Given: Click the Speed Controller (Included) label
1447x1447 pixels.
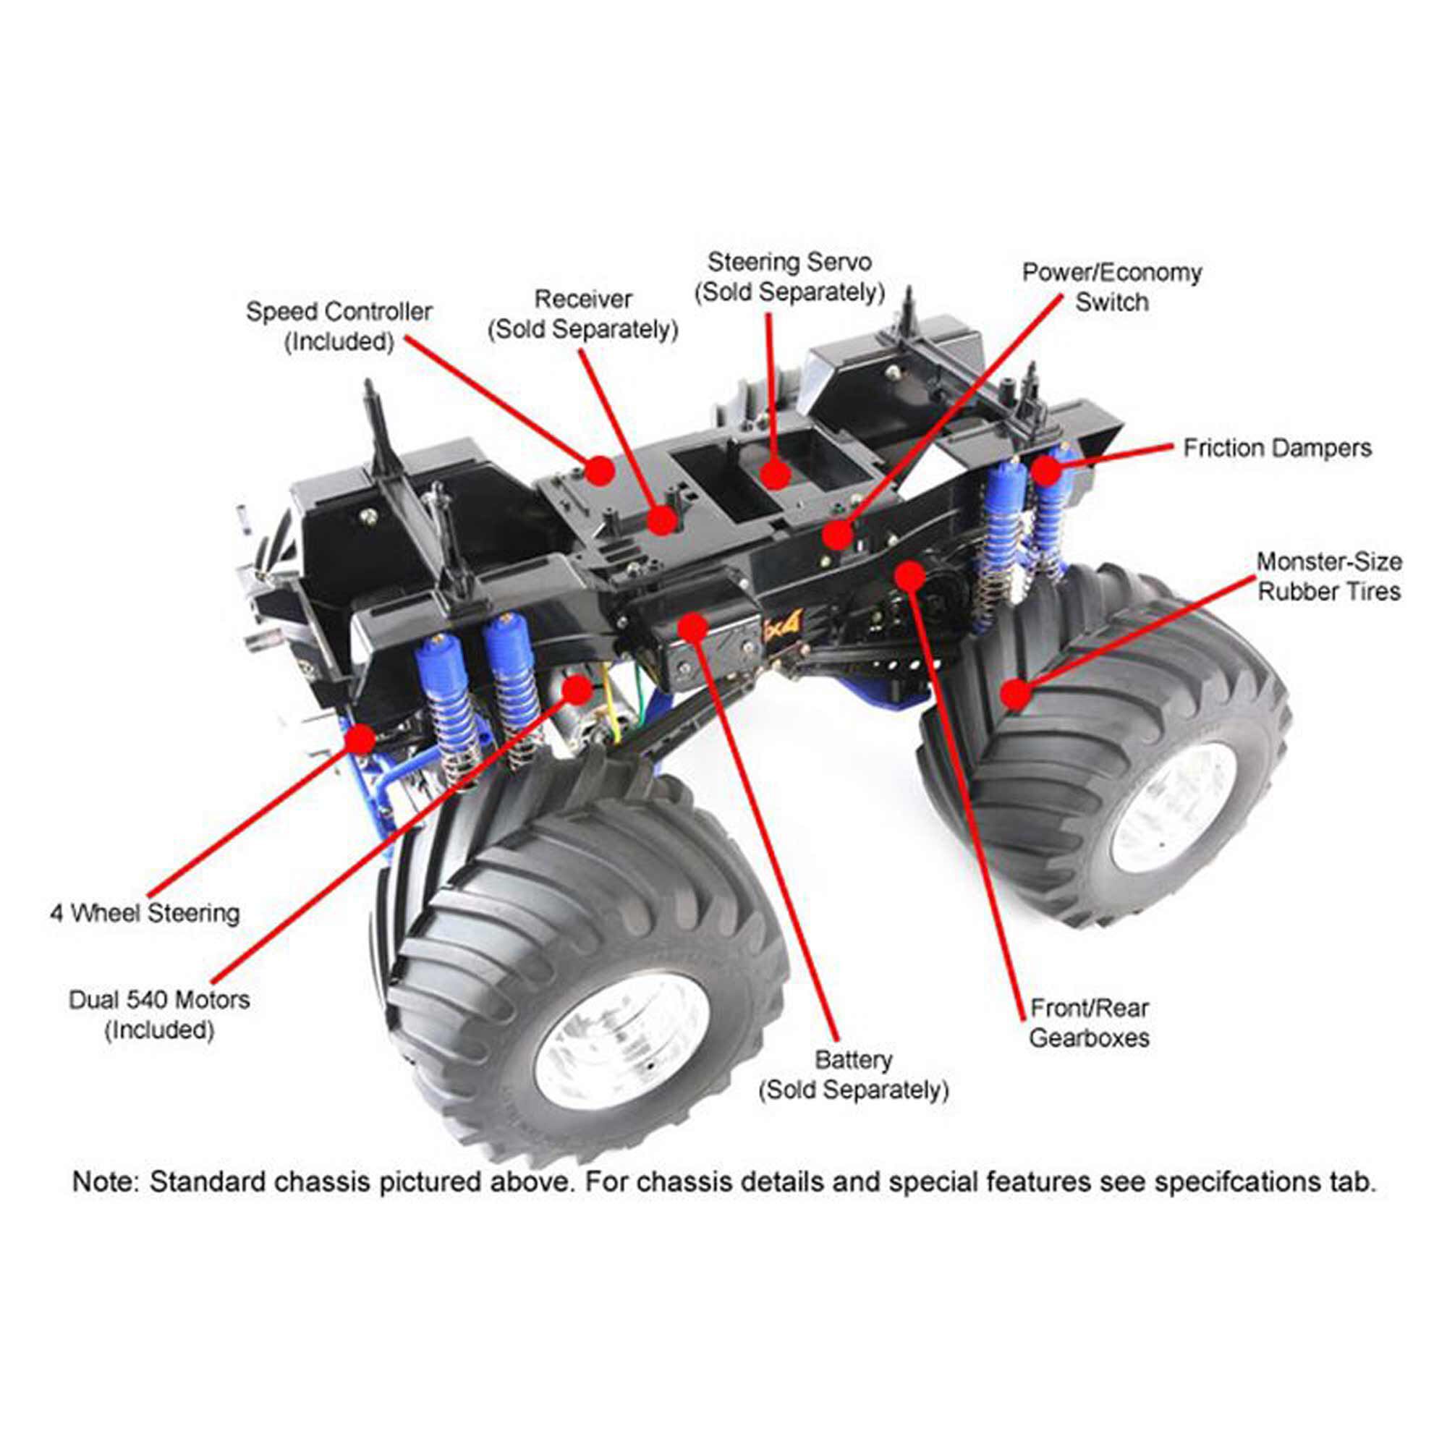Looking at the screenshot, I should (339, 326).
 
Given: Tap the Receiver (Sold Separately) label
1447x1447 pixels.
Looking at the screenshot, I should (582, 314).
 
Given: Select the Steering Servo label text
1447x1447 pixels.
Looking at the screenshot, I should (789, 277).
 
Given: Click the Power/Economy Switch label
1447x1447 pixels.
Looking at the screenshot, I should (1111, 287).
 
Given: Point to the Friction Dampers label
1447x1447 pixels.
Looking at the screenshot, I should (1277, 448).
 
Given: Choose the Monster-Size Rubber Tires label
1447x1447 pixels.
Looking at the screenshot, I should (1328, 576).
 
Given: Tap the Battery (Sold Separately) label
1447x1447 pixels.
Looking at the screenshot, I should (853, 1076).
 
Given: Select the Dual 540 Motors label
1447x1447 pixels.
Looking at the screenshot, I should (158, 1015).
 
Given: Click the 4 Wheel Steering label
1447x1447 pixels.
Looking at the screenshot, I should (145, 913).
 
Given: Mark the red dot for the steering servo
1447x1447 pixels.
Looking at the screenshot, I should (775, 474).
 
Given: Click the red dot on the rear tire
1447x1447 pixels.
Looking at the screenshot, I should (1014, 694).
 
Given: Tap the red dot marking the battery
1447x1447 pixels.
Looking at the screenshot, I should (693, 627).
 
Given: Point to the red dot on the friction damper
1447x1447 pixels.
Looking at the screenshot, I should (1047, 470).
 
